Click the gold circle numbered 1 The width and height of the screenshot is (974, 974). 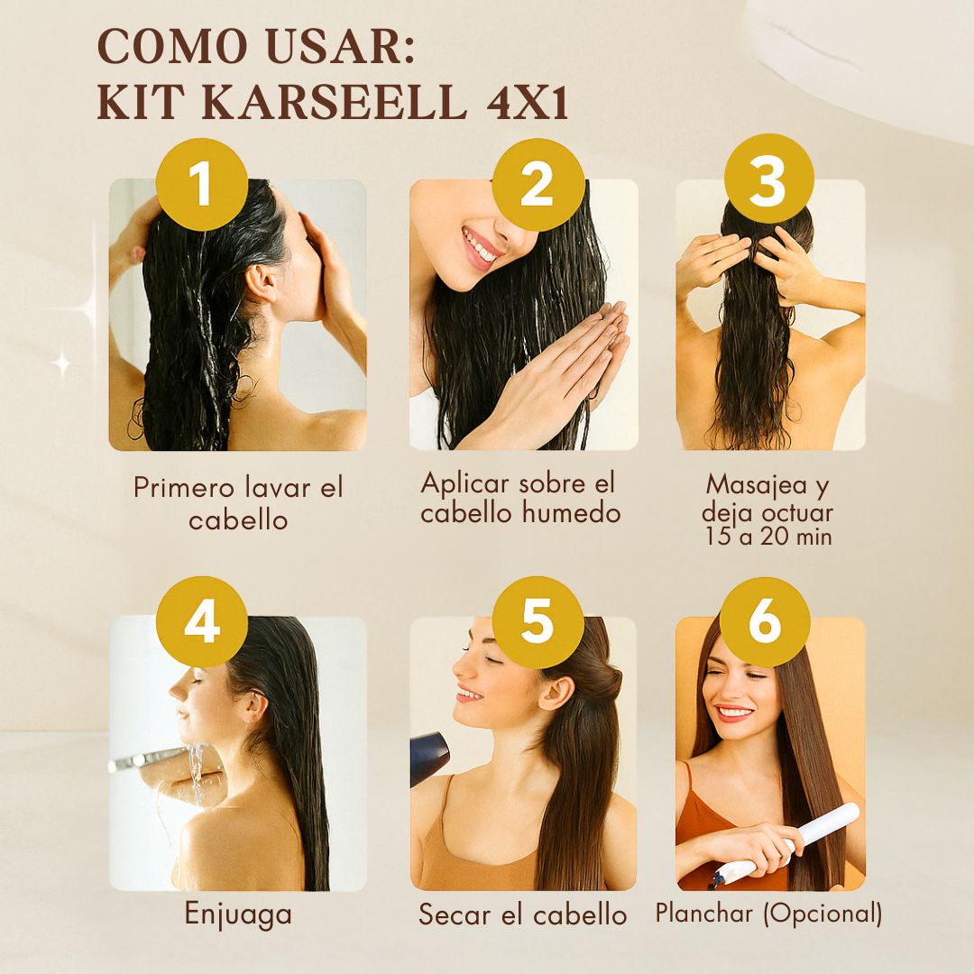(201, 185)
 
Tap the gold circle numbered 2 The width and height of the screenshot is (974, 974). (538, 185)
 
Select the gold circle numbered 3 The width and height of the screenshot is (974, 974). (768, 179)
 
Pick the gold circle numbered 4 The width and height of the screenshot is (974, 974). (201, 621)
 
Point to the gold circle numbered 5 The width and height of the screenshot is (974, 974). (538, 621)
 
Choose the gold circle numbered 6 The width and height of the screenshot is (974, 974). (765, 621)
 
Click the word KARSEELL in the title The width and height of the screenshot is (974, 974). (334, 102)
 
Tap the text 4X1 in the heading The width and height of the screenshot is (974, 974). (528, 103)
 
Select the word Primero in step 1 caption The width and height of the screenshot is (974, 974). (182, 488)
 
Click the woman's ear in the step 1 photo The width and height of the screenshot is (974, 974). (261, 282)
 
